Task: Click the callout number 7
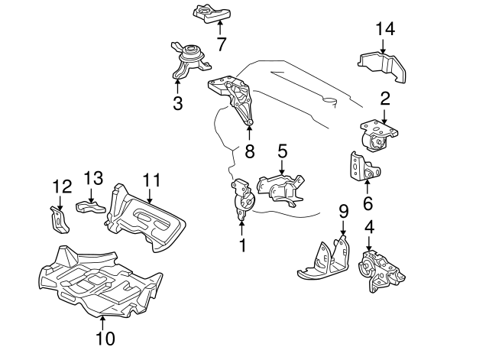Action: coord(221,44)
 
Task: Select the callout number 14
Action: coord(385,31)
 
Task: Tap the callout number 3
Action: coord(178,102)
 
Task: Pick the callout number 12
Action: coord(60,186)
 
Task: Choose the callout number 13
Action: coord(92,177)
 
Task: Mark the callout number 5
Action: coord(282,151)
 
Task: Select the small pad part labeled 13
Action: coord(89,206)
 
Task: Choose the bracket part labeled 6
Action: coord(358,168)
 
